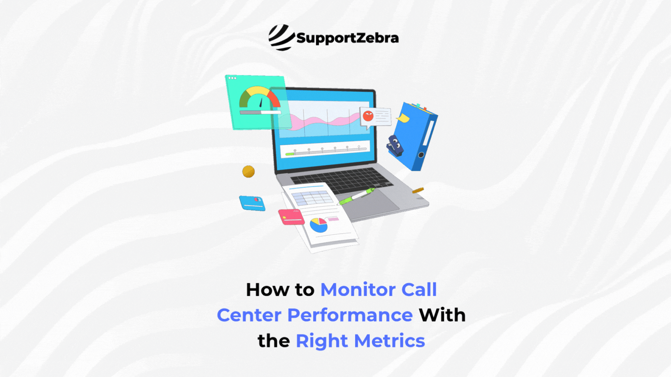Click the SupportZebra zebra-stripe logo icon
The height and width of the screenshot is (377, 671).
coord(281,38)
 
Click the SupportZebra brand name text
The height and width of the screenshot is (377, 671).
coord(347,38)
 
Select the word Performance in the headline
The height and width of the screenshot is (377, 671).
coord(350,315)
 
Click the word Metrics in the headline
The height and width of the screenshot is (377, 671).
coord(389,341)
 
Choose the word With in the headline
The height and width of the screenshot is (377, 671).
coord(442,315)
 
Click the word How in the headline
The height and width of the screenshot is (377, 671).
coord(267,290)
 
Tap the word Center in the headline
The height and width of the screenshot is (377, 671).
coord(249,315)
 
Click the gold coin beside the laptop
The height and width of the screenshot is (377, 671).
coord(248,172)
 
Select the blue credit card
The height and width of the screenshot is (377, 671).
coord(252,203)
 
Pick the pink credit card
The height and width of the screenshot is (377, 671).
coord(291,217)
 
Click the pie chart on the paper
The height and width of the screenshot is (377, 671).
coord(319,225)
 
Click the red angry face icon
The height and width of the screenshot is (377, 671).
coord(368,116)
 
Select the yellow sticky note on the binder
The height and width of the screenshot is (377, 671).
coord(403,118)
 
